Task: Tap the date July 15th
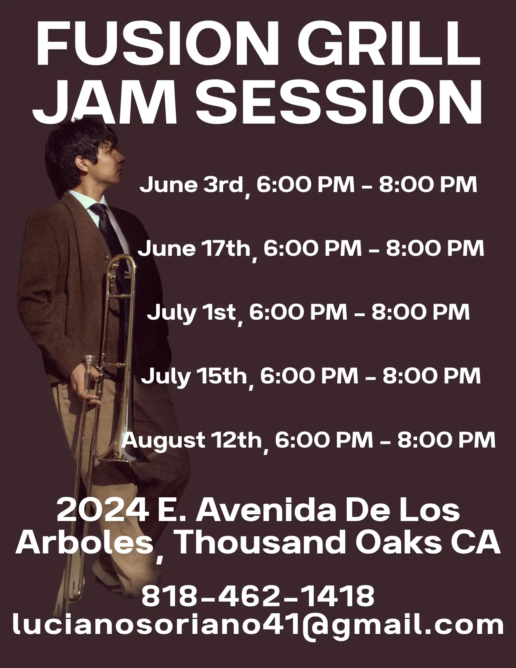tap(194, 377)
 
